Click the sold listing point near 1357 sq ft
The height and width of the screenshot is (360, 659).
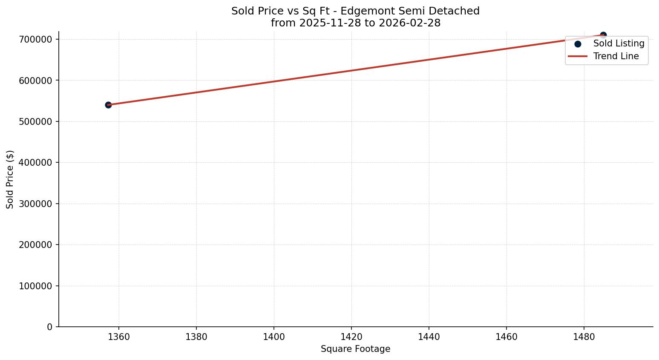pos(108,105)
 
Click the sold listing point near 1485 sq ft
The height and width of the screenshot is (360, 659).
pos(603,35)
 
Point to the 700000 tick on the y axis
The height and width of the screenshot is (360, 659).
pos(36,39)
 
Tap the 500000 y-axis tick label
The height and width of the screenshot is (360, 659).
pos(36,121)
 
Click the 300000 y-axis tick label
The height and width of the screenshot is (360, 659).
pos(36,204)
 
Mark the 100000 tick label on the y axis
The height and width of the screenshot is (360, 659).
pos(36,286)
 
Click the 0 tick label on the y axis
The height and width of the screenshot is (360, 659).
pos(50,327)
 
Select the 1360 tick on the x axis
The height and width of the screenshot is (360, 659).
pos(119,337)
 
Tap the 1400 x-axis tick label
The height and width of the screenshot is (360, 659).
pos(274,337)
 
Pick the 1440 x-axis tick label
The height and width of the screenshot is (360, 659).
pos(429,337)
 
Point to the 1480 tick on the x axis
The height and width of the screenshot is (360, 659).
pos(584,337)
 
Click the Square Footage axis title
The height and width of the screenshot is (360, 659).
pos(355,349)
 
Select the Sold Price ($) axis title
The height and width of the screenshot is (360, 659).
pos(10,179)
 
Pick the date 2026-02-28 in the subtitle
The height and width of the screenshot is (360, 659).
pos(409,23)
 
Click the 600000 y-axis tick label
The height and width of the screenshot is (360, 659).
pos(36,81)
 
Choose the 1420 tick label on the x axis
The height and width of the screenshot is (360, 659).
pos(351,337)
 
